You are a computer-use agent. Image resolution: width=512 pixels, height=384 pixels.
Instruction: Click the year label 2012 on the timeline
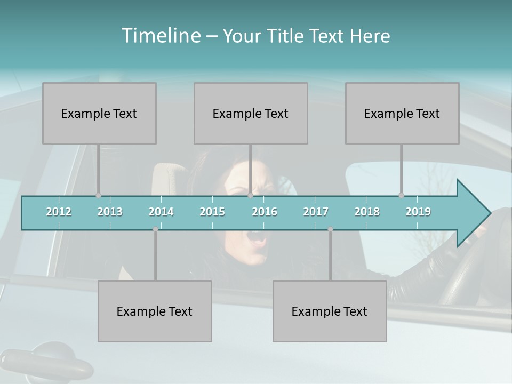coord(59,212)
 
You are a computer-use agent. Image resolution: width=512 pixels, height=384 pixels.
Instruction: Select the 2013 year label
coord(110,212)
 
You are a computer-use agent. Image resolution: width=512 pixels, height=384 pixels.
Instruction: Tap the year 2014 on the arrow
coord(161,212)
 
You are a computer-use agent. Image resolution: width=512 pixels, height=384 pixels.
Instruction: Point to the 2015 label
coord(212,212)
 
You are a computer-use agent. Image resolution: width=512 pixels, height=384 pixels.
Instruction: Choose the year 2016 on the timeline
coord(265,212)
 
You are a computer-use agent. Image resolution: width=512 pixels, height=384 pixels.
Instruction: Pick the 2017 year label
coord(316,212)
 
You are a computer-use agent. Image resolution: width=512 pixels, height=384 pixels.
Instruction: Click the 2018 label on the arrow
coord(367,212)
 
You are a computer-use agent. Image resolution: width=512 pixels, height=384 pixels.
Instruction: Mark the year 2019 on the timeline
coord(418,212)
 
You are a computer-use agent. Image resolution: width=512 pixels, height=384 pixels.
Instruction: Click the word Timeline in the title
coord(161,36)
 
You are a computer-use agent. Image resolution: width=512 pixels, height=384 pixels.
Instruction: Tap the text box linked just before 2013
coord(99,113)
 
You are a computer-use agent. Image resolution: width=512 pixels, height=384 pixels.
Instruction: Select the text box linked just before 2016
coord(251,113)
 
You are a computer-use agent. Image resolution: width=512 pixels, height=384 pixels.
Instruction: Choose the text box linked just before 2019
coord(402,113)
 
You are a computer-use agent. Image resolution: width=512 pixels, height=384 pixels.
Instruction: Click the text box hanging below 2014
coord(155,311)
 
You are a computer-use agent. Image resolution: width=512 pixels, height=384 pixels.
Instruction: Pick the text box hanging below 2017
coord(330,311)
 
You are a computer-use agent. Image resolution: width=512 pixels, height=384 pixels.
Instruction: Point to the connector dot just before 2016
coord(250,195)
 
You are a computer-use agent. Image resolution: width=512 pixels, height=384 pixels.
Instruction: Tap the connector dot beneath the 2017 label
coord(330,229)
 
